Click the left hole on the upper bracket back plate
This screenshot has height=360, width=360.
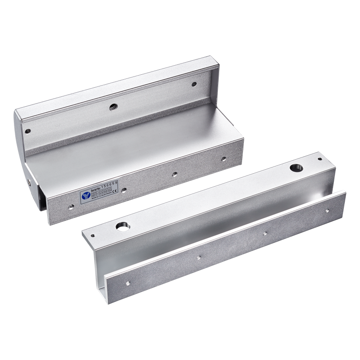28,132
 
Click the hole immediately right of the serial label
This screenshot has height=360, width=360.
124,191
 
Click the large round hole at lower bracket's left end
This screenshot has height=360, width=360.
121,226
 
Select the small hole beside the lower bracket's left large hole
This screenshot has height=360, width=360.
94,234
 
